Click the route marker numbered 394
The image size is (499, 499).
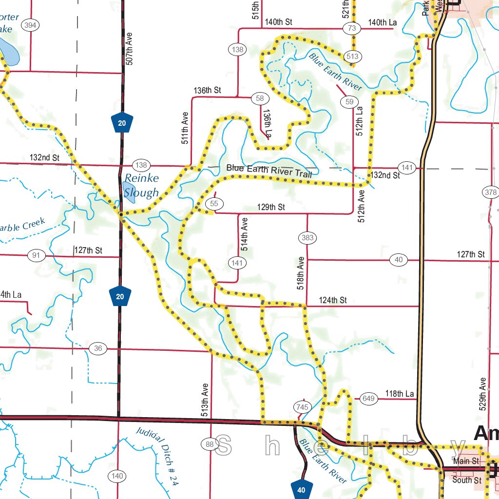[x=31, y=26]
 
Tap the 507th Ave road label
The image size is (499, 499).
[x=129, y=49]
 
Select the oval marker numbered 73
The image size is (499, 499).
[x=351, y=28]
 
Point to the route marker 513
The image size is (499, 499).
[x=352, y=57]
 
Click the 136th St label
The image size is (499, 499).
[x=207, y=90]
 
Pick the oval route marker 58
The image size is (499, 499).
[x=260, y=98]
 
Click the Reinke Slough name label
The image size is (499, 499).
[x=141, y=186]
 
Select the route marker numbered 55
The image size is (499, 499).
[x=214, y=203]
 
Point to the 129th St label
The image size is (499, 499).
[x=271, y=207]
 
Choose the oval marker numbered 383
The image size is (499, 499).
[x=307, y=238]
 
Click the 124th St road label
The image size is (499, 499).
[x=333, y=300]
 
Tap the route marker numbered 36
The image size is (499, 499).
[x=98, y=348]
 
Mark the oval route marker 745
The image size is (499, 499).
[x=302, y=407]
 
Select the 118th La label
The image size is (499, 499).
[x=399, y=394]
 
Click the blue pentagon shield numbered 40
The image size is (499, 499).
[x=301, y=489]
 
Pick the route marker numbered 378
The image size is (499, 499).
[x=491, y=192]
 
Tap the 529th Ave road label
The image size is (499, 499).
[x=482, y=394]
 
